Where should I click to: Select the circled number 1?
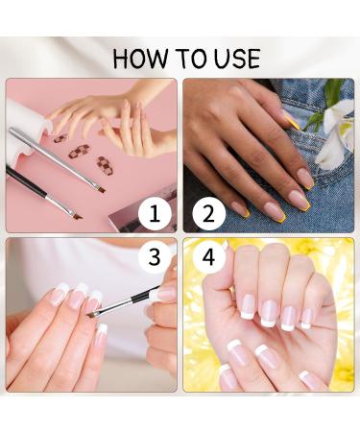155,212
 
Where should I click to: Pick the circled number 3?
155,258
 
